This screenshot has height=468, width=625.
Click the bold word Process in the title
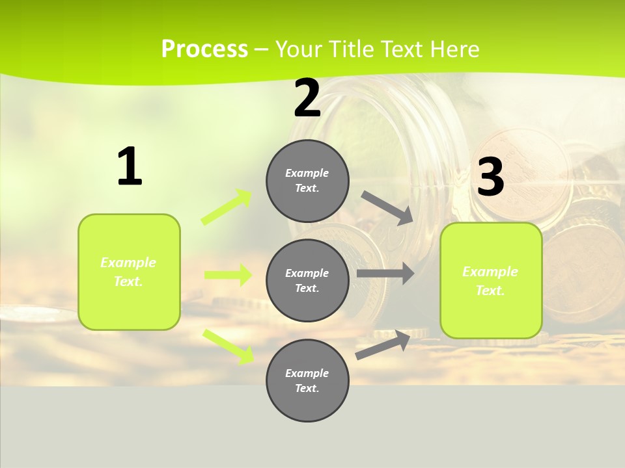(x=204, y=49)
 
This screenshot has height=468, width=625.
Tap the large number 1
(x=130, y=167)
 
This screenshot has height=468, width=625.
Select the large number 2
(x=307, y=99)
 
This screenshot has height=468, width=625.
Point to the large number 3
(x=490, y=177)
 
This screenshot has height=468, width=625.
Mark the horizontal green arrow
(x=228, y=275)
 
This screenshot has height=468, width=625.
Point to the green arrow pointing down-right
(x=229, y=346)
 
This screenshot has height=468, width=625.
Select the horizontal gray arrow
(x=385, y=274)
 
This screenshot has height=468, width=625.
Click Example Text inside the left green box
(x=128, y=272)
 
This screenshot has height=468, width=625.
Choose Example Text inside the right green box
(x=490, y=281)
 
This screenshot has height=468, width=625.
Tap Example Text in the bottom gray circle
(x=307, y=380)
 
